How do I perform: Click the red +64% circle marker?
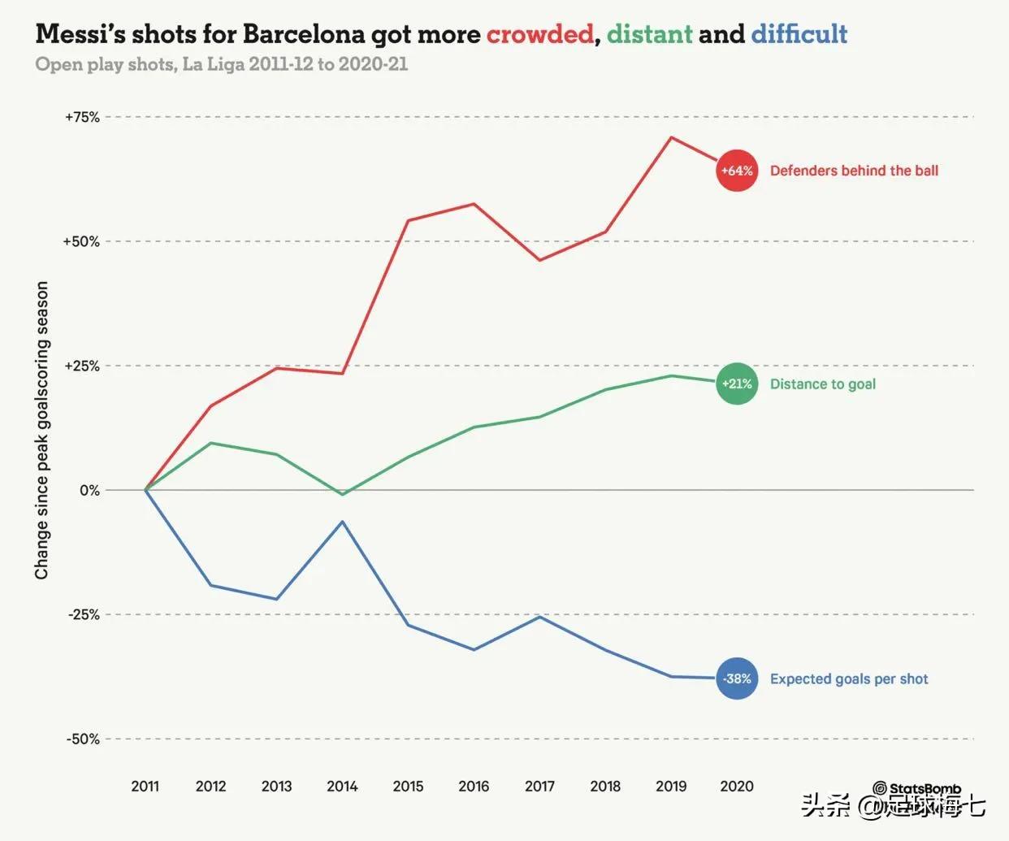737,171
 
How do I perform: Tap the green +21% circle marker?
737,384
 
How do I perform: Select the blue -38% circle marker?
737,678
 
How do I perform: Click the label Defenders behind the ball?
854,171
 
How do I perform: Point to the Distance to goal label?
822,384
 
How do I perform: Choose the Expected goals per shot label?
849,678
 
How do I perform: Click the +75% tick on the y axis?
82,117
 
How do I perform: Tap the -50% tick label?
83,739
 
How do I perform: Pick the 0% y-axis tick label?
89,490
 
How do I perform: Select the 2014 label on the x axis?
342,786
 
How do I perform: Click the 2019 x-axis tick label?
671,786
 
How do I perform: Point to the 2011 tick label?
145,786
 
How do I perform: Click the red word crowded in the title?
539,34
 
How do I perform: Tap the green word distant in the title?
649,34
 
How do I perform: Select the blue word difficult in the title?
799,34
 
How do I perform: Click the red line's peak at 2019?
671,137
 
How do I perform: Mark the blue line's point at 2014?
343,522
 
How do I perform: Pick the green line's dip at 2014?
343,494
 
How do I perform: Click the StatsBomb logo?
917,788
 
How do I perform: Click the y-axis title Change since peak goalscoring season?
42,431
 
